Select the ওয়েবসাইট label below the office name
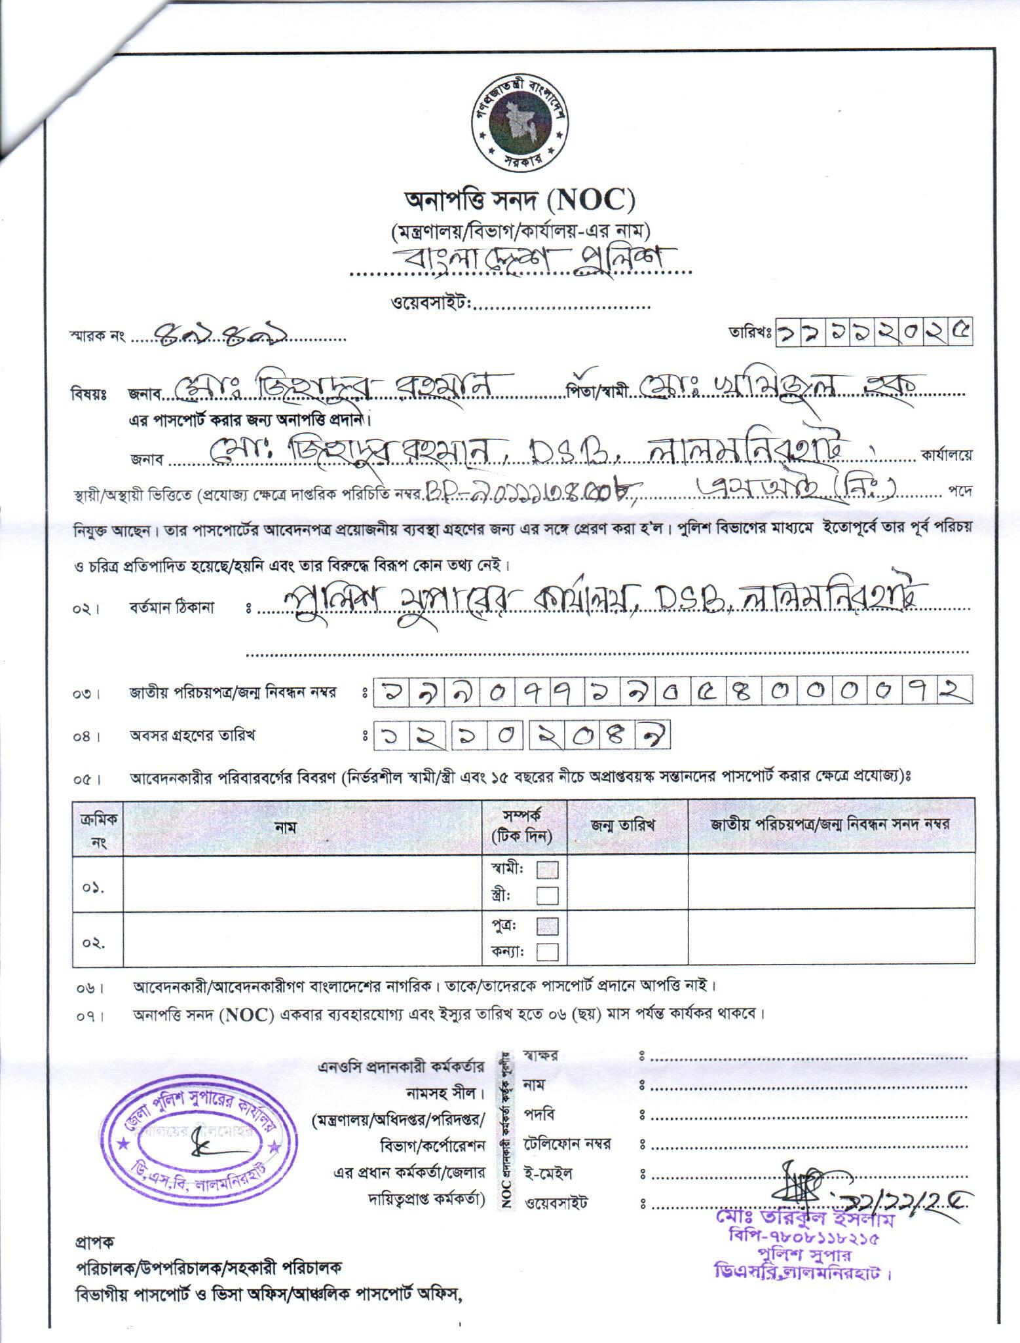point(431,304)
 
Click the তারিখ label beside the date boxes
point(750,332)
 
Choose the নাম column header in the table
point(285,827)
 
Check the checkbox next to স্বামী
point(547,870)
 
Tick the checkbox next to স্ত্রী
point(547,894)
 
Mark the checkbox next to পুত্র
point(547,926)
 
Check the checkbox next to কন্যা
point(547,951)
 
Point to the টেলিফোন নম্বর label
point(567,1144)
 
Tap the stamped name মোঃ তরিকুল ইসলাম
point(809,1222)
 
